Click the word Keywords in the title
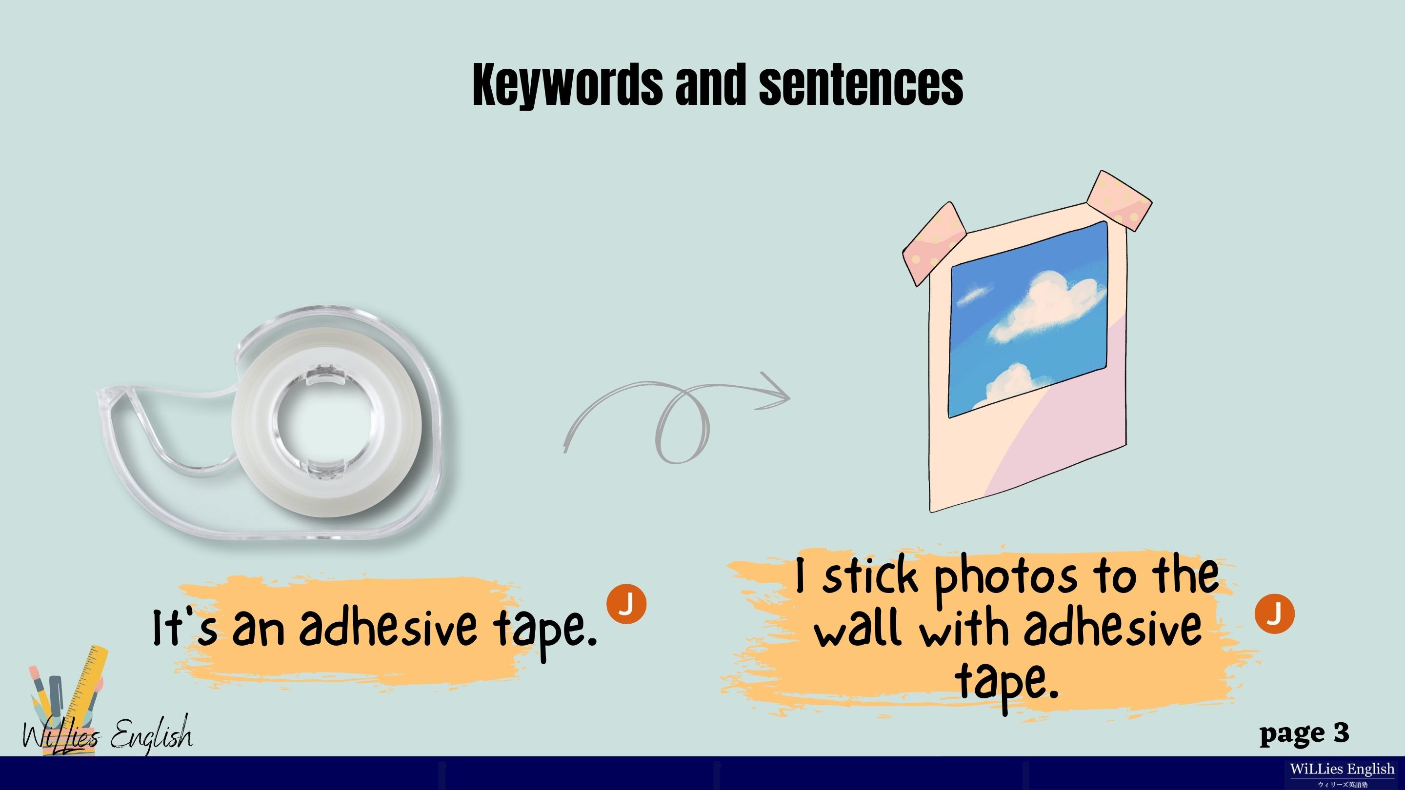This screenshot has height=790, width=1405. click(567, 84)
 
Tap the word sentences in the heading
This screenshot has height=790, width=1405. click(861, 84)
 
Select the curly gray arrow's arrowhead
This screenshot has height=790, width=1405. click(773, 390)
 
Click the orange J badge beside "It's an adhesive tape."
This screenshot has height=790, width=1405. click(626, 604)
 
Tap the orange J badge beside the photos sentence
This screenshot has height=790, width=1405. click(1274, 614)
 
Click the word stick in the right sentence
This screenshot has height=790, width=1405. click(870, 576)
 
